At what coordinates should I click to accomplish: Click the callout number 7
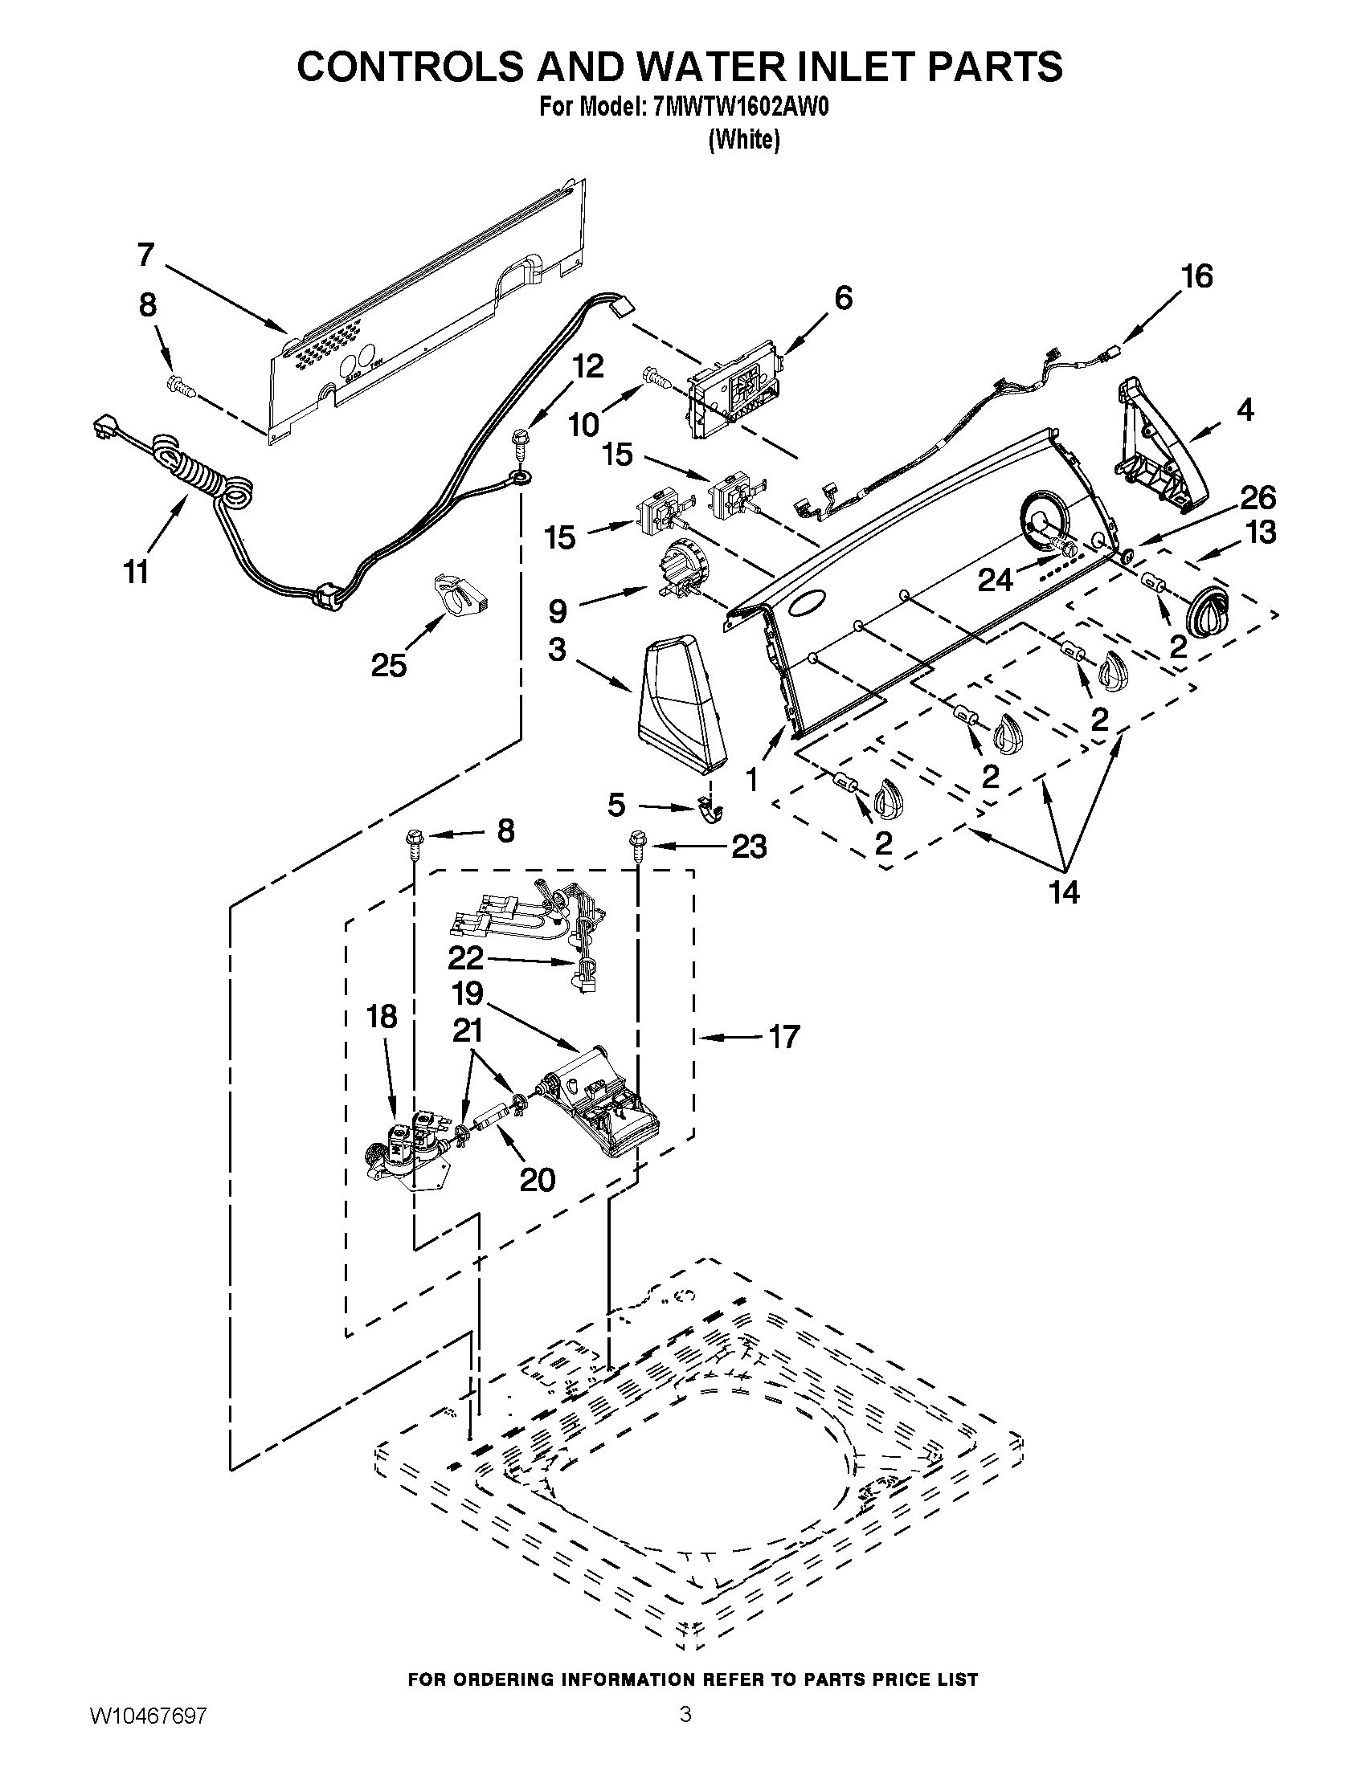tap(145, 255)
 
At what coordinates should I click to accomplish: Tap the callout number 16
tap(1197, 277)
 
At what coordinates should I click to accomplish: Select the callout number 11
tap(136, 572)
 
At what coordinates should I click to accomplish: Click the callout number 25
tap(388, 665)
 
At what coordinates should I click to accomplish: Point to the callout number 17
tap(783, 1036)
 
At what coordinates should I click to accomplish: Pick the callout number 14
tap(1064, 892)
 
